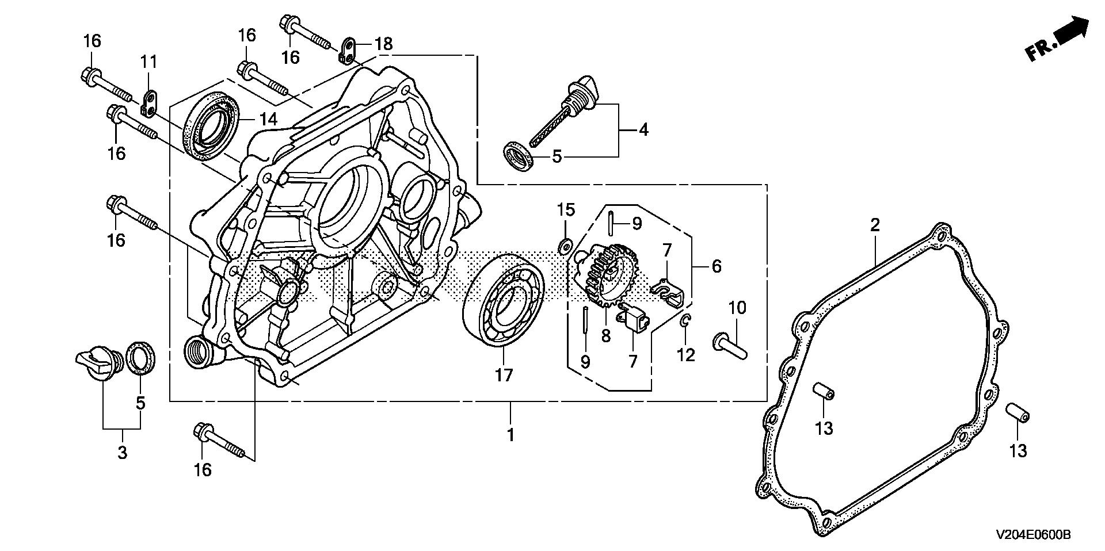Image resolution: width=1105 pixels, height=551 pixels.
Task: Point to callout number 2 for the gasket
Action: [x=875, y=225]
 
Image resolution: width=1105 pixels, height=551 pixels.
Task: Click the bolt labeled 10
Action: [x=730, y=346]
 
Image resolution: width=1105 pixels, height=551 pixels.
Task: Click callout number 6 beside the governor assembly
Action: [x=717, y=266]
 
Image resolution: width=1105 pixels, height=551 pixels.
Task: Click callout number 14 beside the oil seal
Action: [x=268, y=120]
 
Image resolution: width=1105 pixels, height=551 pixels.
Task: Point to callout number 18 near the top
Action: [x=384, y=43]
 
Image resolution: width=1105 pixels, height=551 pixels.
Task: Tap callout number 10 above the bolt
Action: [x=737, y=308]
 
